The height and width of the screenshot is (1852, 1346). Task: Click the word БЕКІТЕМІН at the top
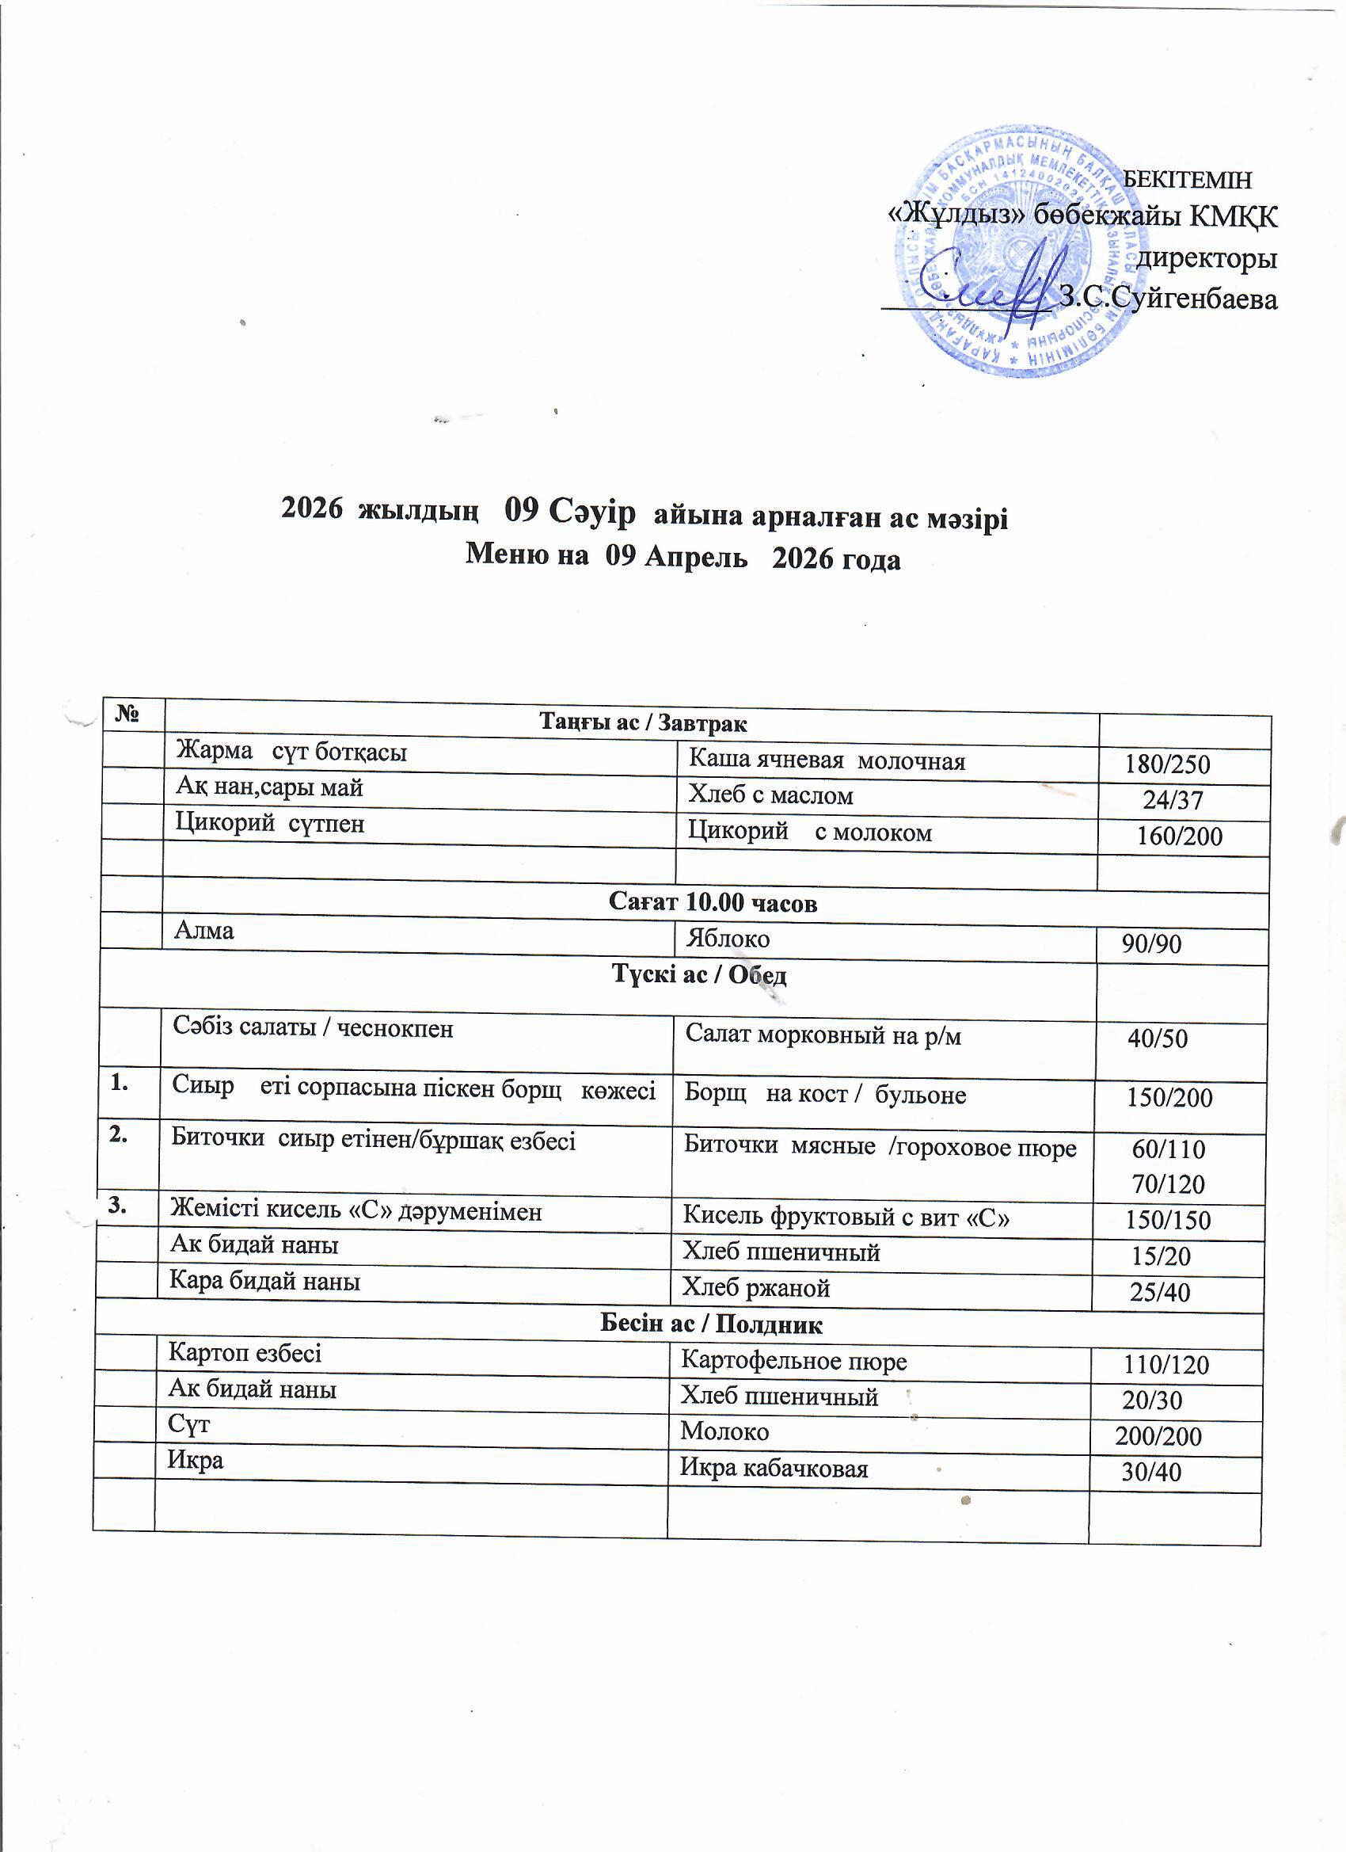pos(1187,178)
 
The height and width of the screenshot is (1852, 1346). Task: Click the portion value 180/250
pos(1166,764)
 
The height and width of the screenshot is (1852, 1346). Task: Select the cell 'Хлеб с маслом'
pos(770,795)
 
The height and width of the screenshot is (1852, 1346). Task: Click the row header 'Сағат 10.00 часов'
pos(713,903)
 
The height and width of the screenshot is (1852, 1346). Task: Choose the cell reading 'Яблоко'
pos(728,939)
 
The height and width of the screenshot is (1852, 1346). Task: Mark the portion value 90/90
pos(1151,944)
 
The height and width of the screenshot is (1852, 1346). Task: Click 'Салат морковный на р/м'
pos(823,1035)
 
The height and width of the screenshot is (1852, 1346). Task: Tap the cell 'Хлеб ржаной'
pos(756,1288)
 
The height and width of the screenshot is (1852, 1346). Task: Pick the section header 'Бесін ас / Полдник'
pos(711,1324)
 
